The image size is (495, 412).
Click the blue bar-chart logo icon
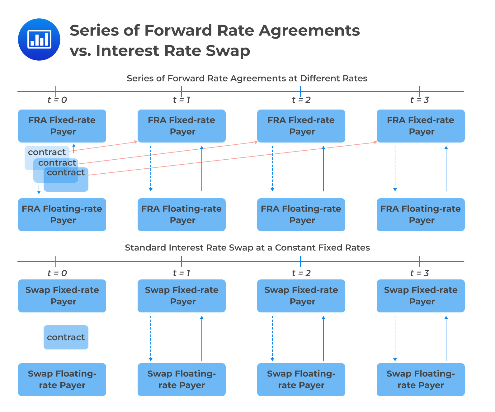click(39, 40)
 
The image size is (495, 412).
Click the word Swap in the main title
click(228, 51)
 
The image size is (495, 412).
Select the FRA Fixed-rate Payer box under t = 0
click(62, 126)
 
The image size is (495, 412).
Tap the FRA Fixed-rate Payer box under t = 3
click(421, 126)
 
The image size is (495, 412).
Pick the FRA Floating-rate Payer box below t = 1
click(181, 215)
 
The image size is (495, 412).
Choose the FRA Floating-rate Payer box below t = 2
click(301, 215)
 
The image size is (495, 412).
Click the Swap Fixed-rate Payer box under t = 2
click(301, 296)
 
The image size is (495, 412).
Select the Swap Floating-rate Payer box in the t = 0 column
click(62, 379)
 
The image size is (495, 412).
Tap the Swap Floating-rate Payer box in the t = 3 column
click(421, 379)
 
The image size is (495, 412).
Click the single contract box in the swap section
click(66, 337)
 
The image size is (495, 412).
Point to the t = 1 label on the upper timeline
click(181, 100)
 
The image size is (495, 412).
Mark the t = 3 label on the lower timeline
click(420, 273)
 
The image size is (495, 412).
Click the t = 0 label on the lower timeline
click(57, 273)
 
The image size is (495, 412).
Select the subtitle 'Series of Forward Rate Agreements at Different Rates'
click(247, 78)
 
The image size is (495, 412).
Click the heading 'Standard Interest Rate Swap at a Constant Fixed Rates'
click(247, 247)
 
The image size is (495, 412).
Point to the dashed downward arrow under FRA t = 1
click(151, 168)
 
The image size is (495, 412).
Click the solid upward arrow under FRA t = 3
click(446, 168)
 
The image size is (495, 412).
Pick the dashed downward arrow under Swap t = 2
click(272, 338)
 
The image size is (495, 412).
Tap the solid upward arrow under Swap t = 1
click(202, 338)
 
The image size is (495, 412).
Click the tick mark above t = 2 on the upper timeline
click(300, 91)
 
